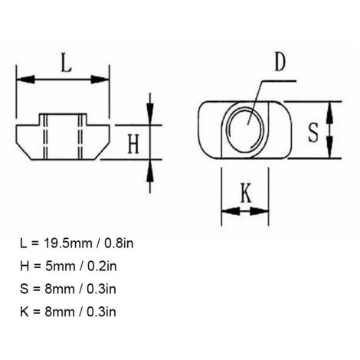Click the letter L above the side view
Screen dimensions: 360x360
67,62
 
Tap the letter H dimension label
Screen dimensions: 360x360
133,144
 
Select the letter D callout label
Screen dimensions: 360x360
280,62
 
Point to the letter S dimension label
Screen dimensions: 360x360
313,133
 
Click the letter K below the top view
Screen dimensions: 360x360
246,193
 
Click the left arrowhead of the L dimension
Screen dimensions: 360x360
25,80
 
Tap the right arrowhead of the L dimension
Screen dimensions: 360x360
100,80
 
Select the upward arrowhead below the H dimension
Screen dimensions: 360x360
150,171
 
